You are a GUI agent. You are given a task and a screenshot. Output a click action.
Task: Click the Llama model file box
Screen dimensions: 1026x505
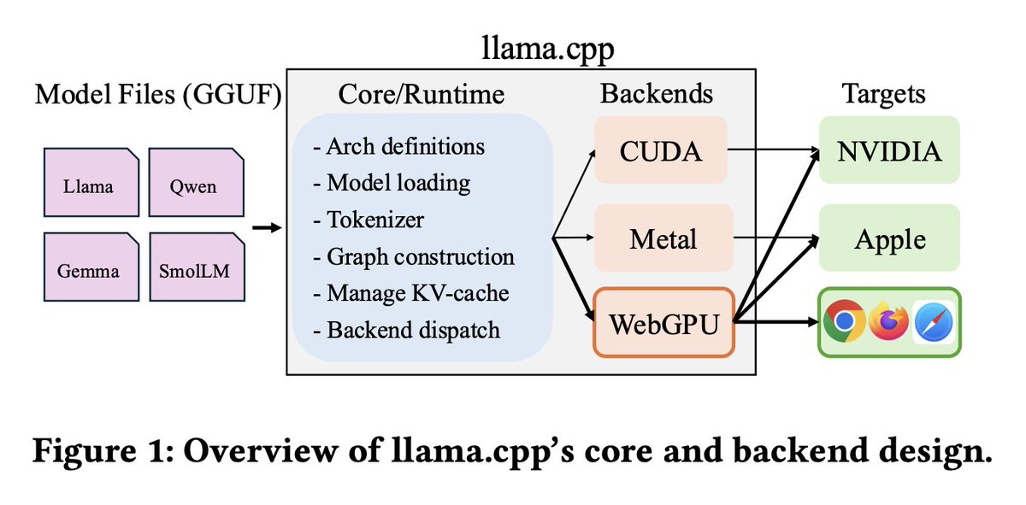[91, 182]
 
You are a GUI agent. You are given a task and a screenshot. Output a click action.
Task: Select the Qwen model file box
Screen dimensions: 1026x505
[197, 182]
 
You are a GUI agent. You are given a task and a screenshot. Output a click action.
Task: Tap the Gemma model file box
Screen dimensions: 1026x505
[91, 267]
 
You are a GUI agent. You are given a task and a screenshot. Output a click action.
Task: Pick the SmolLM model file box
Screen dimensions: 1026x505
[198, 267]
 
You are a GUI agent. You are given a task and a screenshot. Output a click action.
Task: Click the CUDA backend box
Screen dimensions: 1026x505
[661, 150]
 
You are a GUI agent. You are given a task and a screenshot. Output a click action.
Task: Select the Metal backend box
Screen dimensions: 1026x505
[663, 238]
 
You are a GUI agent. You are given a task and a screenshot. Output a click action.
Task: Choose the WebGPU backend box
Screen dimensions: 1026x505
[664, 322]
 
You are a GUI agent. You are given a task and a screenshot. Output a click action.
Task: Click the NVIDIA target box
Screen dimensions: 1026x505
[889, 150]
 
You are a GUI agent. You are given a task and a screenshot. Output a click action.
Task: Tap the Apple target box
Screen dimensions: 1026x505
[889, 238]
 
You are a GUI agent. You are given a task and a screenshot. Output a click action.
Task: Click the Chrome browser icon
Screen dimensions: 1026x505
[844, 321]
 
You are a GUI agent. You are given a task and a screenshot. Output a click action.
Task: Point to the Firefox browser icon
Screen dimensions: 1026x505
[888, 321]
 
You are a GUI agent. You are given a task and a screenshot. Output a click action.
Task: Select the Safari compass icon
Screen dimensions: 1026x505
[934, 322]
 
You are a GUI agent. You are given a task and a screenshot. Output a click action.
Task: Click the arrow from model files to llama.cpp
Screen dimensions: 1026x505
[267, 227]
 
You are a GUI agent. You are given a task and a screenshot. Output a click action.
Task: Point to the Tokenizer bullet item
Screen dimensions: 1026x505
[369, 220]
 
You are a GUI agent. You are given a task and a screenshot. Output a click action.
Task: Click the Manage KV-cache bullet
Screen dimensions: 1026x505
[411, 293]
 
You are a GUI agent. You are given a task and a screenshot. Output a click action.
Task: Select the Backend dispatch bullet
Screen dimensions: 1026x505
[406, 330]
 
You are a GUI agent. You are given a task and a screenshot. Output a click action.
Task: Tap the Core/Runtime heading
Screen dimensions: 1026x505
[422, 94]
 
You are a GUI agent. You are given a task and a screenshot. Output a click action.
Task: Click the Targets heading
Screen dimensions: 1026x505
[883, 94]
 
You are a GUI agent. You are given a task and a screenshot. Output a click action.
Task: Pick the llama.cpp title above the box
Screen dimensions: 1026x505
[548, 49]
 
